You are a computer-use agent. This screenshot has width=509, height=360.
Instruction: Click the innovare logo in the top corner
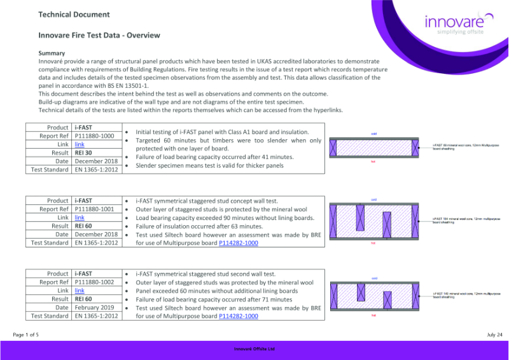(456, 25)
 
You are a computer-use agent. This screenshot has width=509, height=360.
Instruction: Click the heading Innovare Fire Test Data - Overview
(99, 36)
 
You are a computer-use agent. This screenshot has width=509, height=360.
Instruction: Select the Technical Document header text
(74, 15)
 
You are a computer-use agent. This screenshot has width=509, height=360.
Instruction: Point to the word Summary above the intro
(52, 53)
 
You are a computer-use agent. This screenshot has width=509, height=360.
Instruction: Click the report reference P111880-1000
(94, 135)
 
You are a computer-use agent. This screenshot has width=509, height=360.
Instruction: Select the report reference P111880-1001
(94, 209)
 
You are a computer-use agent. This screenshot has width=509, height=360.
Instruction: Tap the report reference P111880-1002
(94, 281)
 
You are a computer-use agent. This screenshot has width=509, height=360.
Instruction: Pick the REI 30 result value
(83, 153)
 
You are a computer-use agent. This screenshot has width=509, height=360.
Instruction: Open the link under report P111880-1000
(80, 144)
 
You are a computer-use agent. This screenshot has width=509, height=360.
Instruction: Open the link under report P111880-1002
(80, 290)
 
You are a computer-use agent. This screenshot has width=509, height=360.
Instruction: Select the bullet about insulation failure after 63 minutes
(199, 226)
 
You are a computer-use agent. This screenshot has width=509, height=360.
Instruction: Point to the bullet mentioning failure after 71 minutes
(205, 299)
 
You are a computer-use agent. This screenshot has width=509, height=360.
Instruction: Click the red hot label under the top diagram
(373, 162)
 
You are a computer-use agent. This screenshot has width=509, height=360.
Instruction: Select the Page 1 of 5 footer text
(25, 334)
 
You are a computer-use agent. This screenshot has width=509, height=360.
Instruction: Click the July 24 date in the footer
(494, 334)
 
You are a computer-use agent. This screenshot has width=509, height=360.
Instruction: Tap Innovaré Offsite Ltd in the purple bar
(254, 349)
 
